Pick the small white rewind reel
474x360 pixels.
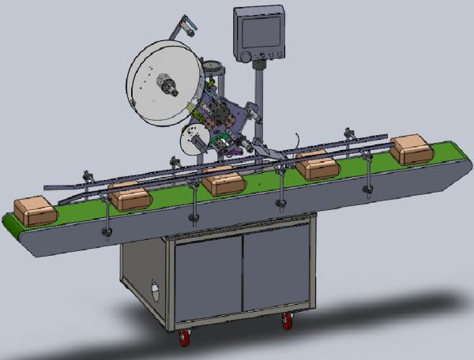coord(190,141)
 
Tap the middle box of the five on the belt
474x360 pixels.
coord(223,182)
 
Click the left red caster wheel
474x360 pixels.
coord(184,338)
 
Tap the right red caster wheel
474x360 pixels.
coord(288,321)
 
